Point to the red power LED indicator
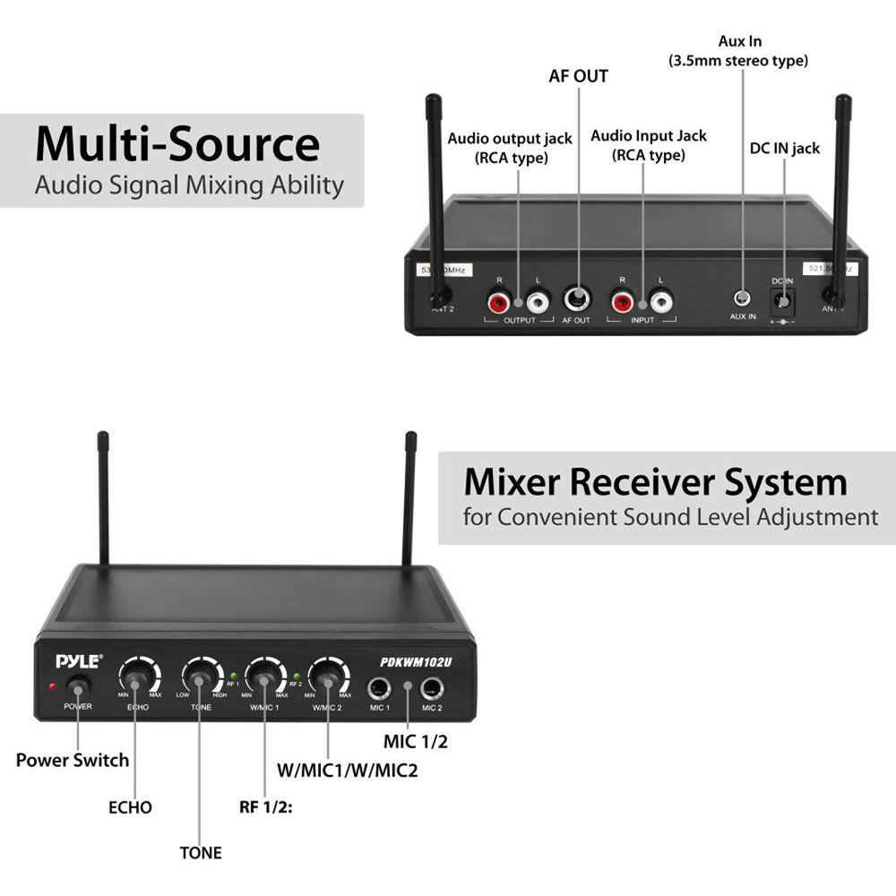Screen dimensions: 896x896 coord(54,687)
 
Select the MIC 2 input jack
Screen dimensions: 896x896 coord(433,689)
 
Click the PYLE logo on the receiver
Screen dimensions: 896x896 coord(79,661)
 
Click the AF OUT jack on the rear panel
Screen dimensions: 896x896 coord(576,299)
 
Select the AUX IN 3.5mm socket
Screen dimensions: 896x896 coord(743,298)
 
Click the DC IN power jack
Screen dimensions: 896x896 coord(784,299)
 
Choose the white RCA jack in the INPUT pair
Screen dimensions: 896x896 coord(661,300)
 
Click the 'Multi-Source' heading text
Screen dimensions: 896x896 coord(177,143)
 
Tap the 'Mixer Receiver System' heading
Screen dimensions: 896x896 coord(655,482)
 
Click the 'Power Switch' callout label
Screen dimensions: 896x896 coord(73,761)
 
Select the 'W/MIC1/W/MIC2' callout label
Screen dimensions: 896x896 coord(349,770)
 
